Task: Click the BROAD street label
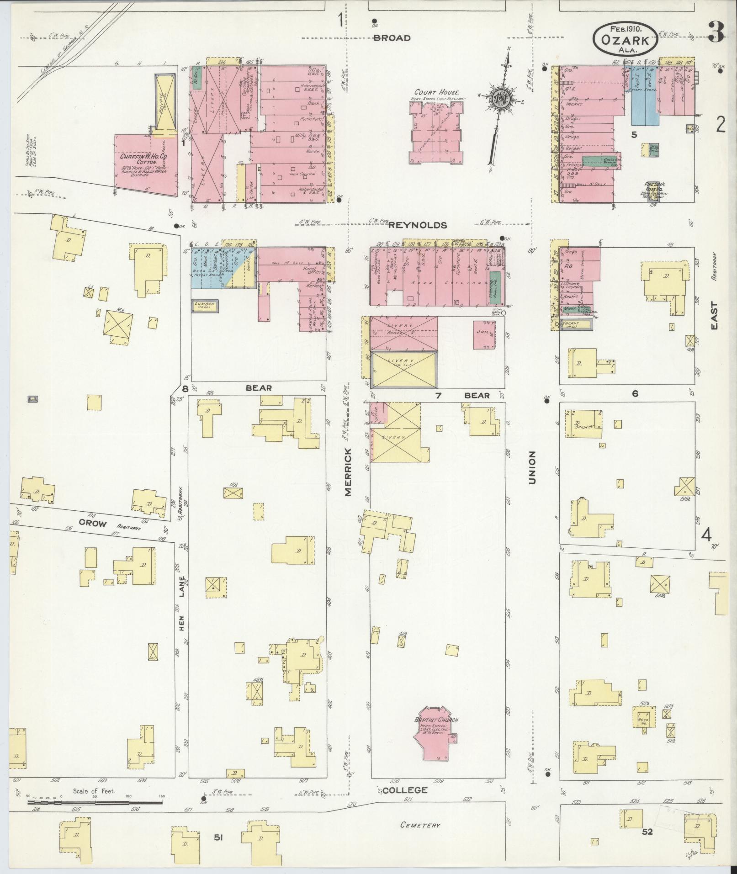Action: pyautogui.click(x=392, y=38)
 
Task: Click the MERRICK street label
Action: pyautogui.click(x=348, y=472)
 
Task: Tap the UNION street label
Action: pyautogui.click(x=531, y=467)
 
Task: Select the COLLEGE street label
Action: pyautogui.click(x=405, y=790)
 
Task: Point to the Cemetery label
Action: pyautogui.click(x=420, y=825)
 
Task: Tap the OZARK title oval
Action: pyautogui.click(x=626, y=40)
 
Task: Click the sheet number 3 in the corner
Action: pyautogui.click(x=716, y=32)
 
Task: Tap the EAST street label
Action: pyautogui.click(x=714, y=317)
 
